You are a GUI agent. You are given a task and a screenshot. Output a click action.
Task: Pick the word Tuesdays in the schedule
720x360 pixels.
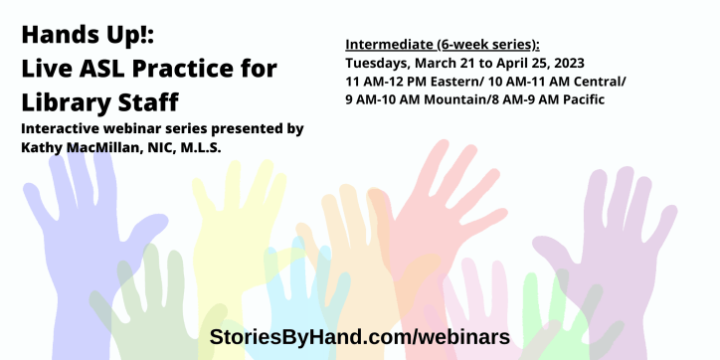[x=379, y=63]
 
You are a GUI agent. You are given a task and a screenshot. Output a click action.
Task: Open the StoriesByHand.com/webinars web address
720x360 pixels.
[x=359, y=336]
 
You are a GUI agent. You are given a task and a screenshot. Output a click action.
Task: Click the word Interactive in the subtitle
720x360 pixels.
[x=65, y=129]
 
